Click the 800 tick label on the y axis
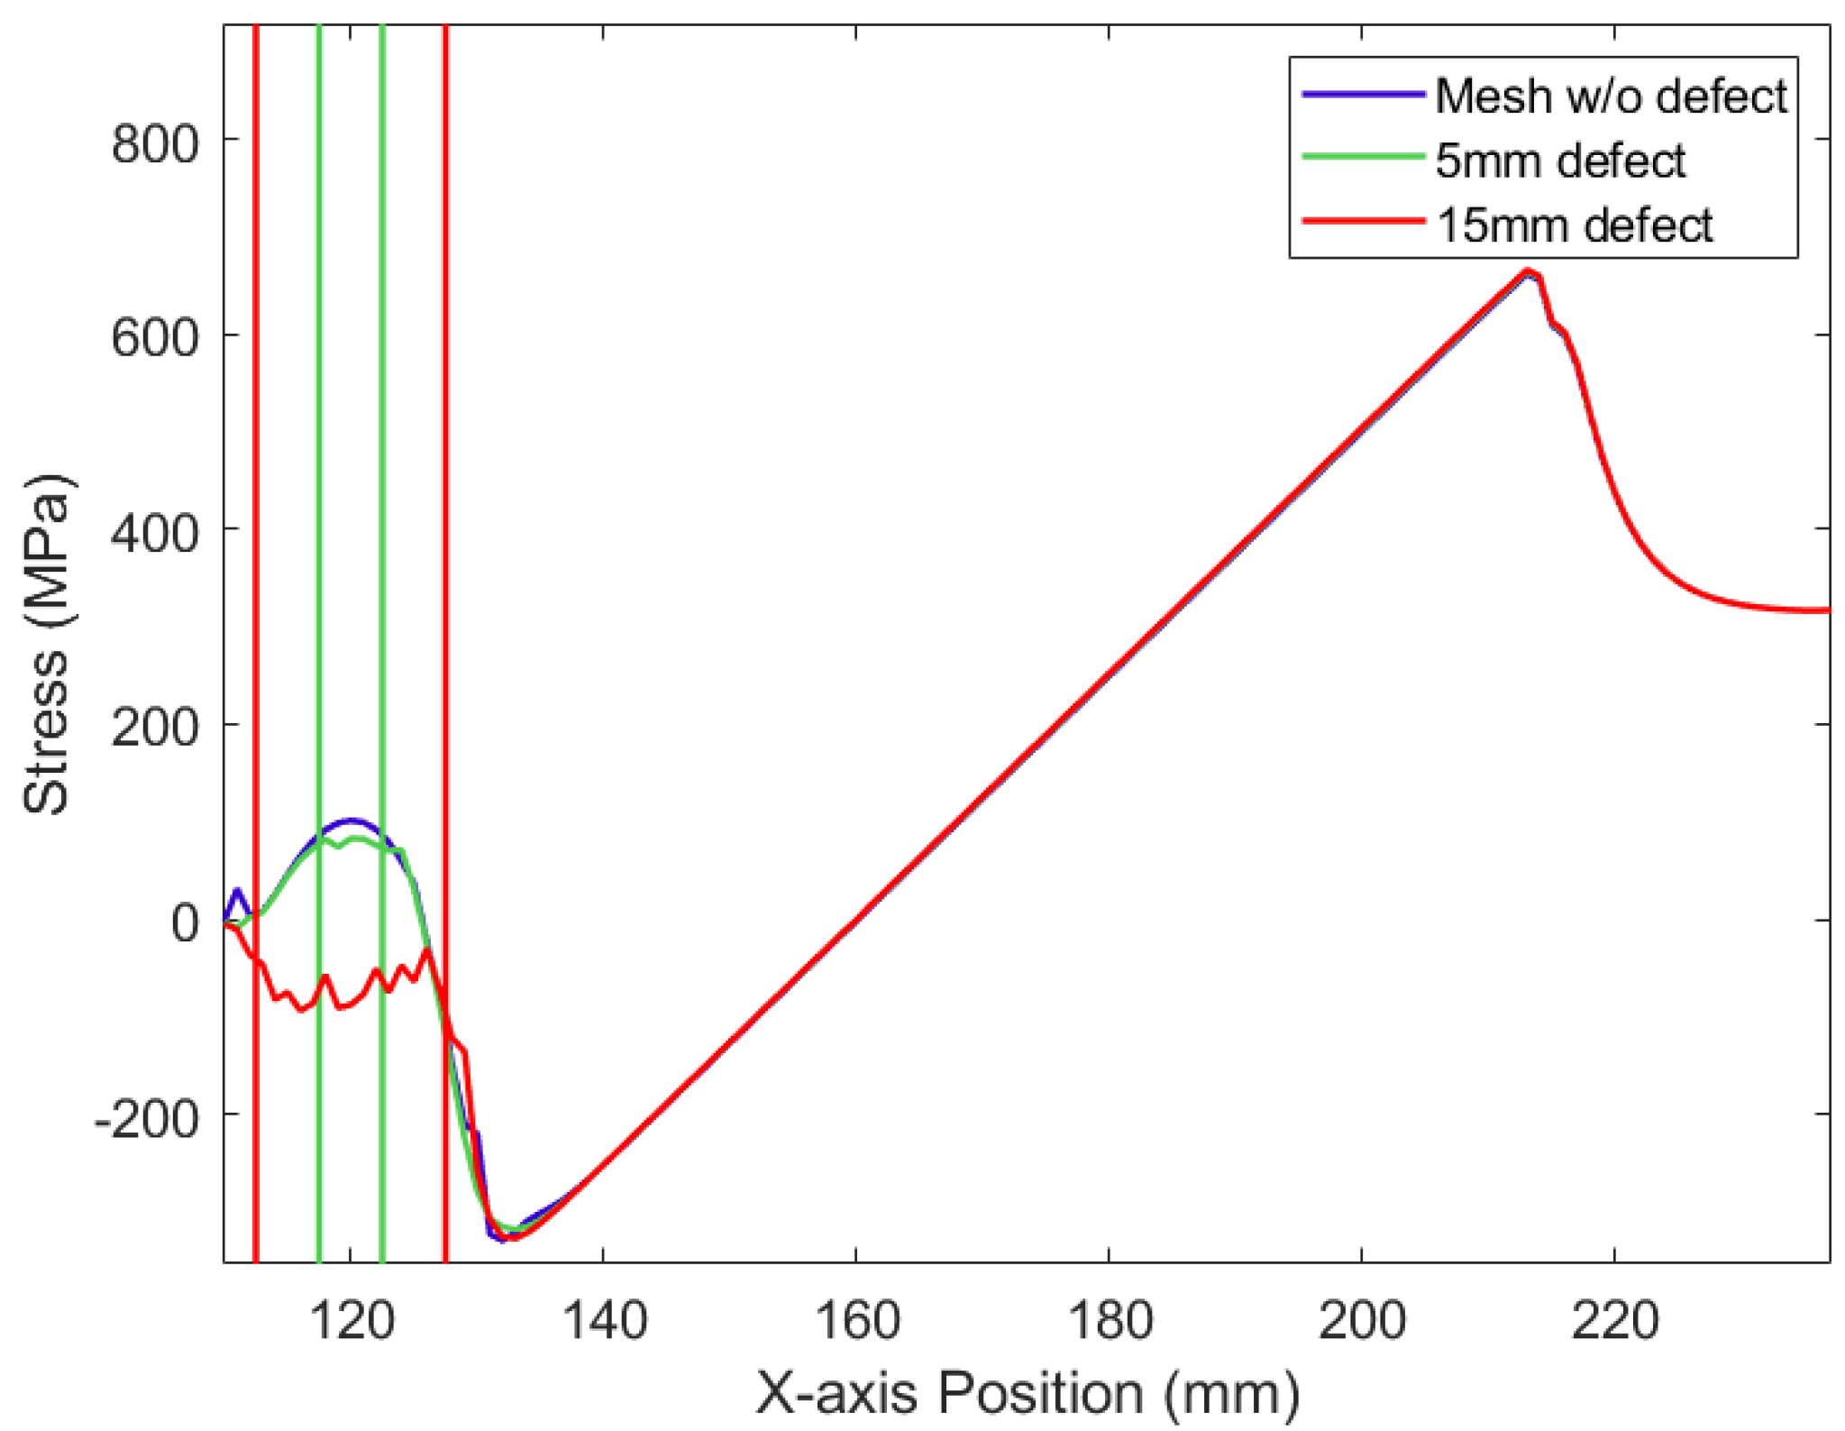pyautogui.click(x=154, y=143)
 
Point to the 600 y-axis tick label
pyautogui.click(x=154, y=338)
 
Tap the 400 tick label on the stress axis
pyautogui.click(x=154, y=533)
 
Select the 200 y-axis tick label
pyautogui.click(x=154, y=727)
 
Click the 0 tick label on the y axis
pyautogui.click(x=185, y=922)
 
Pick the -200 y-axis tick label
pyautogui.click(x=146, y=1118)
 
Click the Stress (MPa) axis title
pyautogui.click(x=45, y=644)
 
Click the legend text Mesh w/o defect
pyautogui.click(x=1610, y=96)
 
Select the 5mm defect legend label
pyautogui.click(x=1559, y=161)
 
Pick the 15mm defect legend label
pyautogui.click(x=1574, y=225)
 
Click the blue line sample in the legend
pyautogui.click(x=1363, y=94)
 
